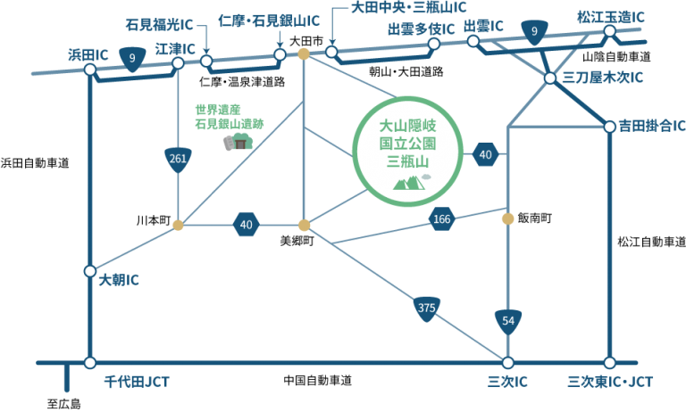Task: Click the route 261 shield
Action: click(x=179, y=159)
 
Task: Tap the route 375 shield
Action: click(x=426, y=309)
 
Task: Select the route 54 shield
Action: click(x=507, y=320)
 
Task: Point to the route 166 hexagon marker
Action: click(x=442, y=218)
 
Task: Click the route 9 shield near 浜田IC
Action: click(x=132, y=60)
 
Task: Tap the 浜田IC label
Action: click(x=88, y=54)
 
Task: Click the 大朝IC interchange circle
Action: click(x=89, y=271)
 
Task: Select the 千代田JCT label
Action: click(x=137, y=382)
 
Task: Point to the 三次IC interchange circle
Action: click(x=508, y=363)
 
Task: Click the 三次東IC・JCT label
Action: click(x=610, y=382)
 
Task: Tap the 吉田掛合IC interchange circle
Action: click(x=610, y=127)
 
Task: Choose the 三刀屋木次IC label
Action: click(x=602, y=78)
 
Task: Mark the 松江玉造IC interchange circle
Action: click(x=610, y=31)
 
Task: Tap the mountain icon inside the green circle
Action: click(x=406, y=183)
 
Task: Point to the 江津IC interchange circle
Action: click(x=179, y=63)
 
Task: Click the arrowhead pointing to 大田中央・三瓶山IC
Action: click(x=331, y=42)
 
